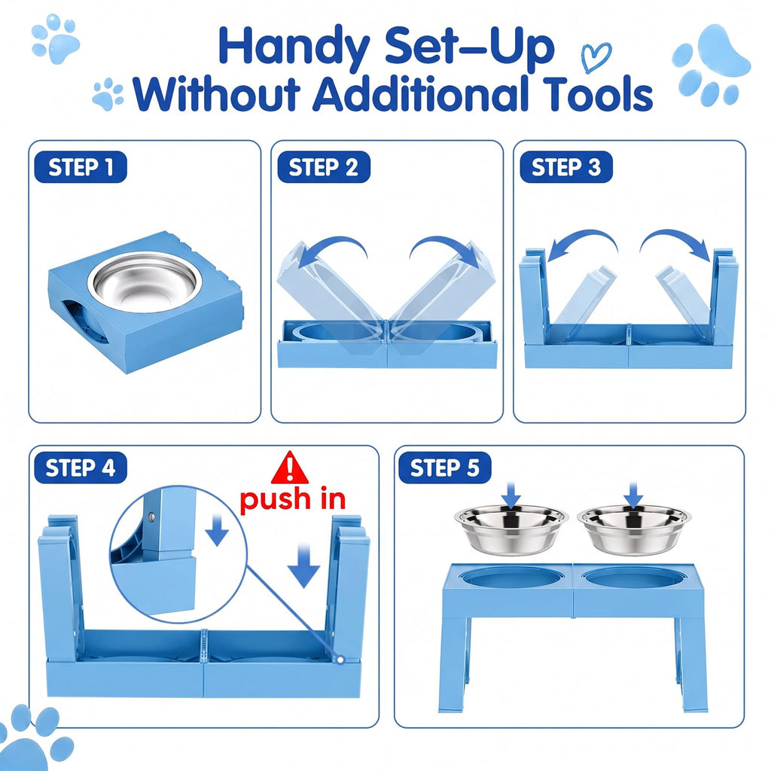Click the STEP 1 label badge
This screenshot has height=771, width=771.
tap(81, 167)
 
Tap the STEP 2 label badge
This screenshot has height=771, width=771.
tap(324, 167)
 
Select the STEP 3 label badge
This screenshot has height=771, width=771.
tap(566, 167)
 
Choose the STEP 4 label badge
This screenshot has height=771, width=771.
tap(81, 468)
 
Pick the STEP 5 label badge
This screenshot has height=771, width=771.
tap(444, 468)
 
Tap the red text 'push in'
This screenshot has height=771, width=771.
tap(293, 500)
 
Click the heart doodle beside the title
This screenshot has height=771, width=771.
tap(596, 56)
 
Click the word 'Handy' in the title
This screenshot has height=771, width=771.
tap(294, 47)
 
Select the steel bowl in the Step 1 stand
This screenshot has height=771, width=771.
tap(145, 282)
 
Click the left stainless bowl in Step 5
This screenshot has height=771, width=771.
tap(511, 529)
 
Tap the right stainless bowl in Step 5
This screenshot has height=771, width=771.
tap(634, 529)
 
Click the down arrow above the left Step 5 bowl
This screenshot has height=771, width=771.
tap(512, 495)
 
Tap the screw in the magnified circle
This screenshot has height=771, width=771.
tap(152, 517)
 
